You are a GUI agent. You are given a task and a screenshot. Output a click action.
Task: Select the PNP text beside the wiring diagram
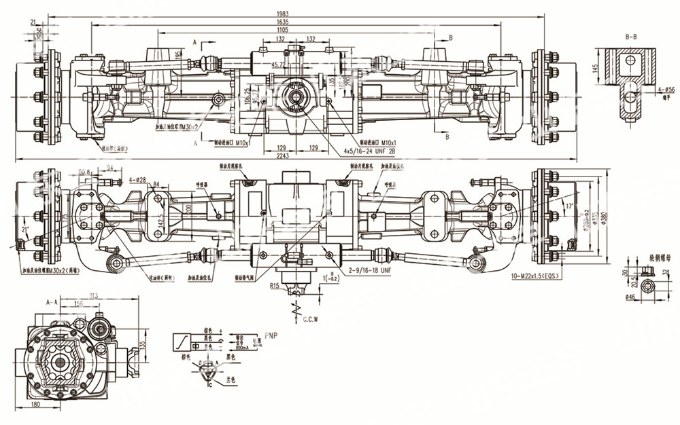click(x=271, y=334)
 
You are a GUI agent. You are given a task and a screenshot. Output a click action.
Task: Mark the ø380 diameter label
click(x=602, y=215)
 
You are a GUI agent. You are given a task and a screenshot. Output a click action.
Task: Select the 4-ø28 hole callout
click(x=139, y=180)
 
